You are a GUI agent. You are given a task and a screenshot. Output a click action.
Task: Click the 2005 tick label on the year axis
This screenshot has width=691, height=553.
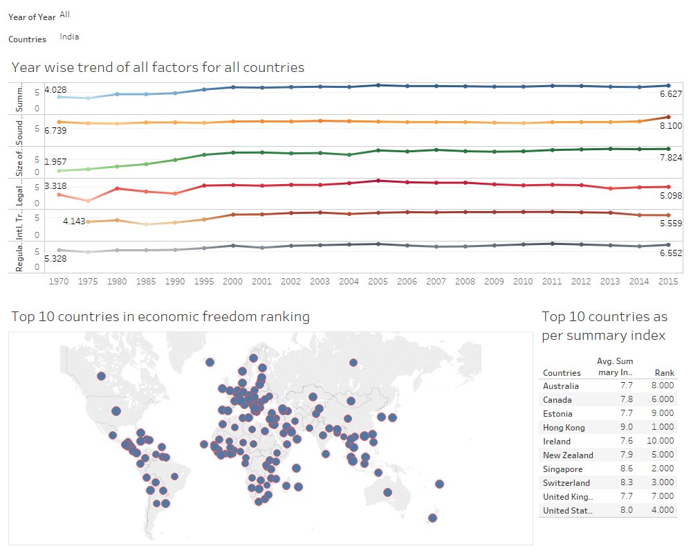click(377, 282)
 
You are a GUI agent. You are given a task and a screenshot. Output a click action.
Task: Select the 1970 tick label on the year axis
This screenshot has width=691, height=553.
click(59, 282)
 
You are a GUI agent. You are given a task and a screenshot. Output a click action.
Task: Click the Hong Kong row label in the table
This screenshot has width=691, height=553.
click(564, 428)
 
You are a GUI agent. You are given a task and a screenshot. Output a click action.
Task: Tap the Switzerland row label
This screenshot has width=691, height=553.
click(566, 483)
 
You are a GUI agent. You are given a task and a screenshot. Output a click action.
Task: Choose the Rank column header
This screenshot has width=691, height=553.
click(664, 373)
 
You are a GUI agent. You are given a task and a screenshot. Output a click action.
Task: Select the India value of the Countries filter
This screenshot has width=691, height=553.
click(69, 37)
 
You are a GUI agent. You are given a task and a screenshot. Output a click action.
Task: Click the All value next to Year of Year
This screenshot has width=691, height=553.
click(65, 14)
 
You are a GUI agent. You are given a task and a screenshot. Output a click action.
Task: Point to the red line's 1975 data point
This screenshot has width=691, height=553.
click(88, 201)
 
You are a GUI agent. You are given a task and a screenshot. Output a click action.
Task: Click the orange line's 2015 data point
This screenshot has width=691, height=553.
click(667, 117)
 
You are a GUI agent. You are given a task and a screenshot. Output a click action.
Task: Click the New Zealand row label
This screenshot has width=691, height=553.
click(568, 455)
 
